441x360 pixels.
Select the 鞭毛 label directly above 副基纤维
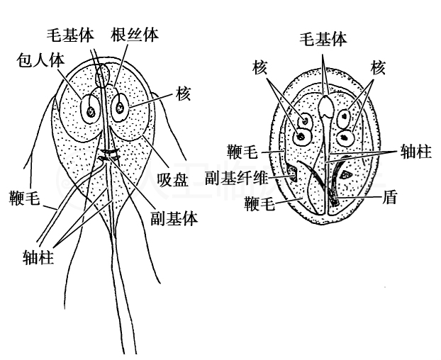tap(246, 151)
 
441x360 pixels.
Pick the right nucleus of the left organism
tap(121, 108)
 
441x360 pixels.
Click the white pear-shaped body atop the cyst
tap(325, 106)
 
